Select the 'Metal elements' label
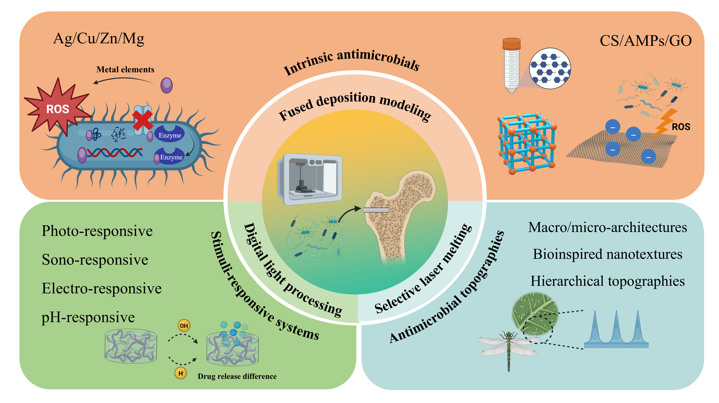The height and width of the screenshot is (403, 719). pyautogui.click(x=125, y=69)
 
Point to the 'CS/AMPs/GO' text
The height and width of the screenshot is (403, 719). pyautogui.click(x=646, y=41)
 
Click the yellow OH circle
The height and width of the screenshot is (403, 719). pyautogui.click(x=184, y=325)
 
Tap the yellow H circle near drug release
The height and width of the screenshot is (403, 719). pyautogui.click(x=181, y=373)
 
